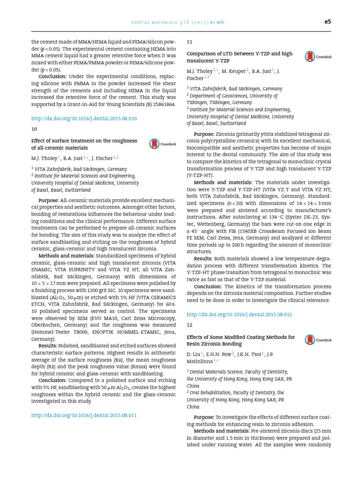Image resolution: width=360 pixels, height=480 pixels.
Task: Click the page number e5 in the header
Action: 328,22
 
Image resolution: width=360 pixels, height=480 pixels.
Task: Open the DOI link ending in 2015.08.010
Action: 84,119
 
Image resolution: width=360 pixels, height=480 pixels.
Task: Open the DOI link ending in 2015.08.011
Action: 84,415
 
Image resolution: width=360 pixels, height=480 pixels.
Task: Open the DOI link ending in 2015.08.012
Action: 240,314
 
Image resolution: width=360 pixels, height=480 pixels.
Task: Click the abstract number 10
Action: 34,129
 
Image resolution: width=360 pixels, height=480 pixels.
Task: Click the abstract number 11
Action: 189,42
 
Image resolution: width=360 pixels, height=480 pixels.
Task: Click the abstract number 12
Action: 189,324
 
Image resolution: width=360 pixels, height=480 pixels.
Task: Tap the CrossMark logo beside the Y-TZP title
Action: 318,57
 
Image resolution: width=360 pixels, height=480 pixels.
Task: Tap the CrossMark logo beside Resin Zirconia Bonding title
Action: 318,340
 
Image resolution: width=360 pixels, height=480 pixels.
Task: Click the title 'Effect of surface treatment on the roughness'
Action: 84,141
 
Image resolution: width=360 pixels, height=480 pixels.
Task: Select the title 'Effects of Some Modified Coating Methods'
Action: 240,337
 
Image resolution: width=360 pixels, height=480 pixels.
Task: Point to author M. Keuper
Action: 233,71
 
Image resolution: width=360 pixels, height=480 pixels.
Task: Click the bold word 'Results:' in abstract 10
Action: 48,346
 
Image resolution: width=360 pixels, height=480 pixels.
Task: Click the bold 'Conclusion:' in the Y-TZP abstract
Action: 208,286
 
